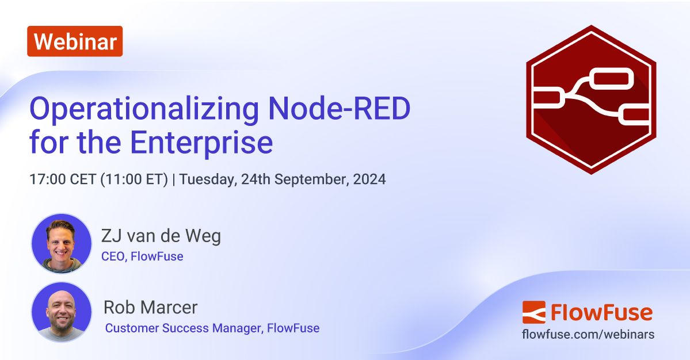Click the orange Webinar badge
tap(75, 41)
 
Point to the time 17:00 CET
tap(63, 179)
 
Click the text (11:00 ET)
tap(134, 179)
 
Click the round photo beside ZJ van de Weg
tap(61, 244)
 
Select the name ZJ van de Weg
tap(161, 236)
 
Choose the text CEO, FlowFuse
tap(142, 256)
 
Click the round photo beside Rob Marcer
tap(61, 312)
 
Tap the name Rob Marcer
tap(150, 307)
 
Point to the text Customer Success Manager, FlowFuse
tap(212, 328)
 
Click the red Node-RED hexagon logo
tap(591, 99)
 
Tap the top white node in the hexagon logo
tap(613, 79)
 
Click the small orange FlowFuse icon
tap(533, 312)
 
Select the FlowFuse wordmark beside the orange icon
tap(601, 312)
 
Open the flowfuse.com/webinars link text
tap(588, 334)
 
